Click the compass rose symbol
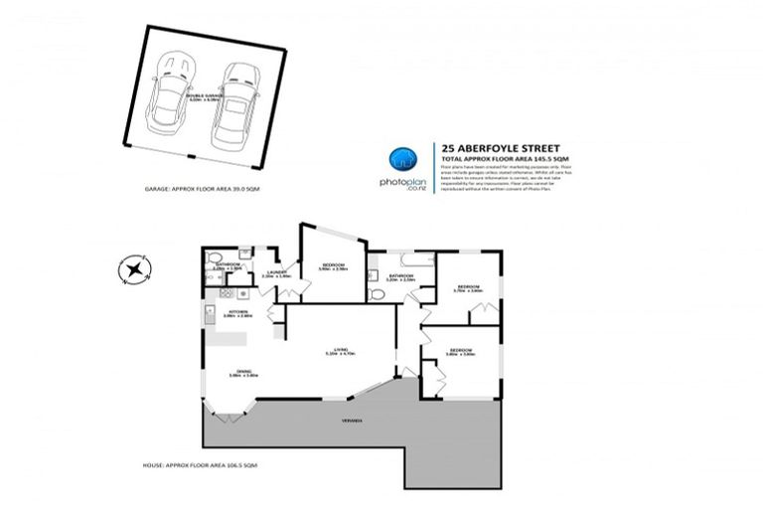pyautogui.click(x=132, y=268)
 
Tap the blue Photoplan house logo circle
pyautogui.click(x=400, y=159)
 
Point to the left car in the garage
pyautogui.click(x=174, y=97)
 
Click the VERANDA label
pyautogui.click(x=347, y=422)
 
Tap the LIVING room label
pyautogui.click(x=340, y=350)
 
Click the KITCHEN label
pyautogui.click(x=238, y=312)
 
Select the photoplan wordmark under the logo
pyautogui.click(x=400, y=184)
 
